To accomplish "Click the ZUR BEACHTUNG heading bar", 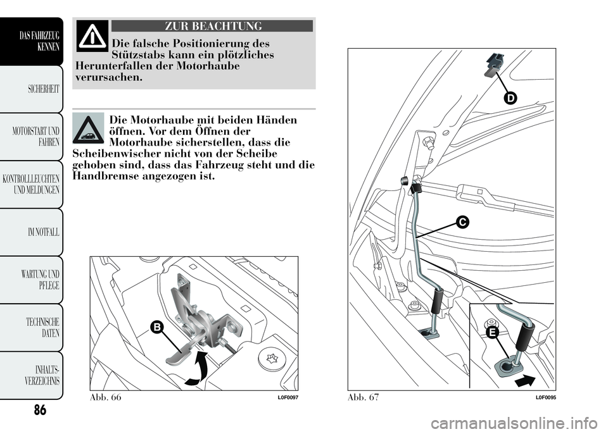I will (x=212, y=26).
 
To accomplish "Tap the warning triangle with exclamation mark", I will (x=92, y=37).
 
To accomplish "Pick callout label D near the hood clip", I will (x=510, y=98).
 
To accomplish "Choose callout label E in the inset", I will (x=493, y=332).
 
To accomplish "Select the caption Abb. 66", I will (x=106, y=396).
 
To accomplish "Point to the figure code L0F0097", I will (x=287, y=397).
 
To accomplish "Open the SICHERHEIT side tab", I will (x=39, y=89).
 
